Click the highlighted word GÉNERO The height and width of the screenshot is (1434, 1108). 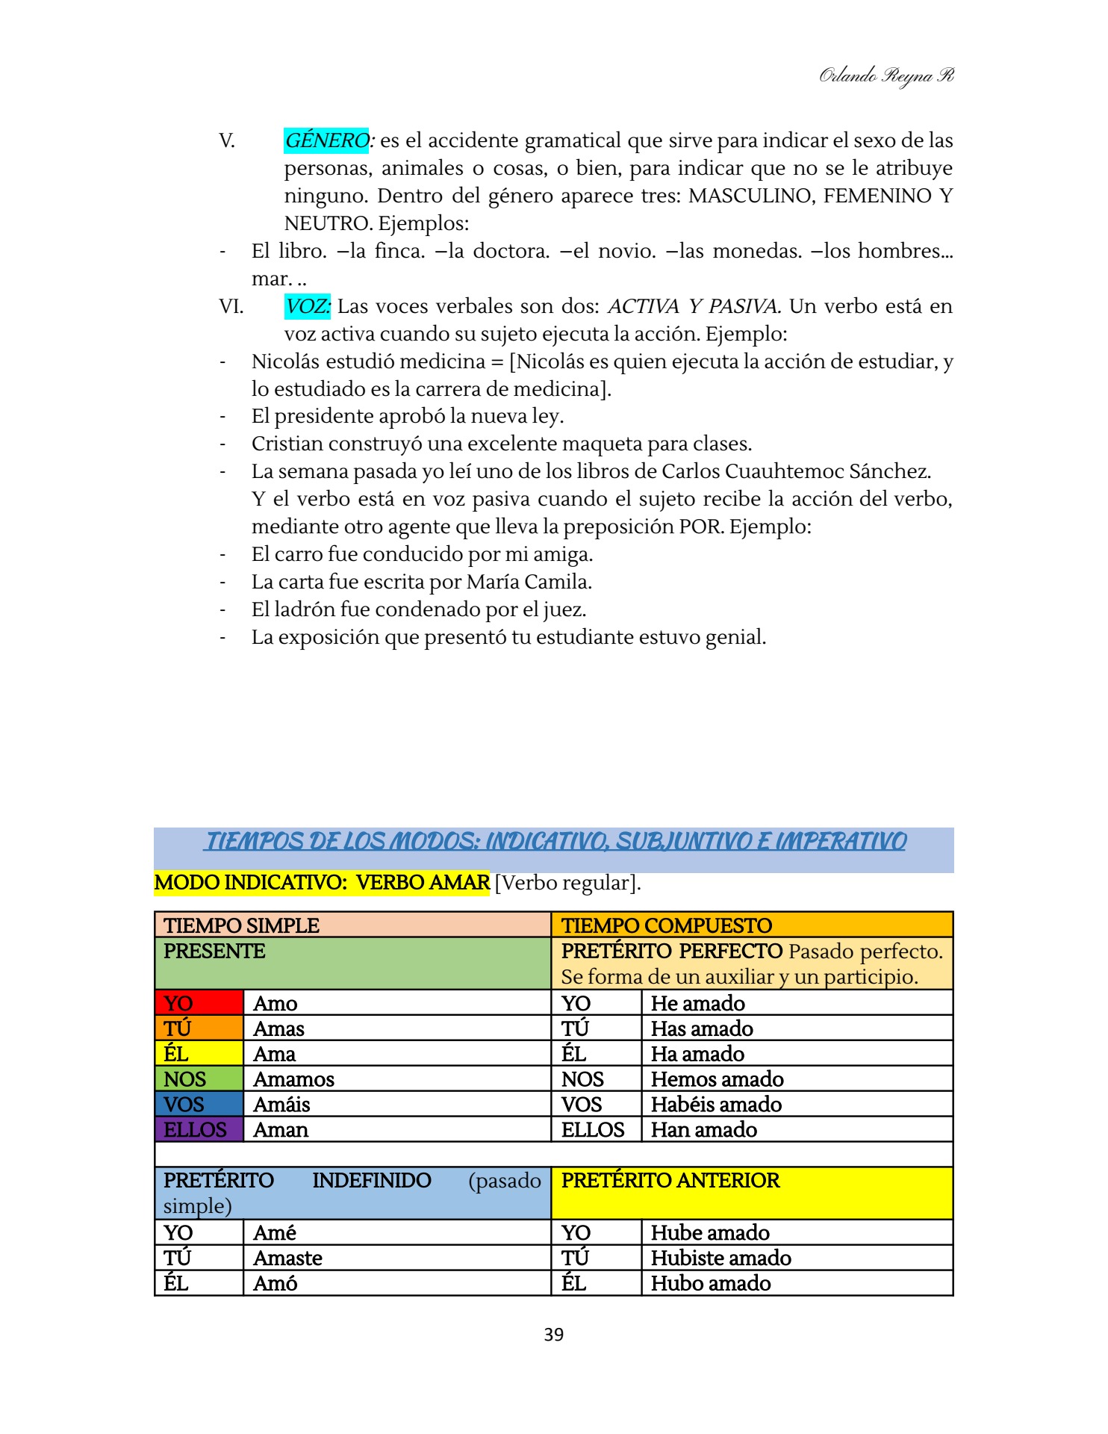pos(326,140)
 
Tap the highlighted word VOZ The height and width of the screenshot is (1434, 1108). pos(307,306)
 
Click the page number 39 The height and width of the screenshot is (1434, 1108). pos(553,1335)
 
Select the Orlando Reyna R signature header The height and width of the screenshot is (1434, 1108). pos(886,75)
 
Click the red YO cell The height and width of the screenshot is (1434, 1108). pos(199,1003)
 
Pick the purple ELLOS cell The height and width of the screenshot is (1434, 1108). pos(199,1129)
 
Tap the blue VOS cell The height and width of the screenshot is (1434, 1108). pos(199,1104)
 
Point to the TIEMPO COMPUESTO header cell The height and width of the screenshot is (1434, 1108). pos(752,925)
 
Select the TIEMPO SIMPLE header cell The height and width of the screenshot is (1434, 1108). pos(352,925)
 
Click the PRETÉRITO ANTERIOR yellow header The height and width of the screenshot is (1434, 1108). pos(752,1193)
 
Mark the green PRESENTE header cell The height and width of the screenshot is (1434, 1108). pos(352,963)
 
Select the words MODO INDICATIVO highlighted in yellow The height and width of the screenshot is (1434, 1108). pos(250,883)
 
